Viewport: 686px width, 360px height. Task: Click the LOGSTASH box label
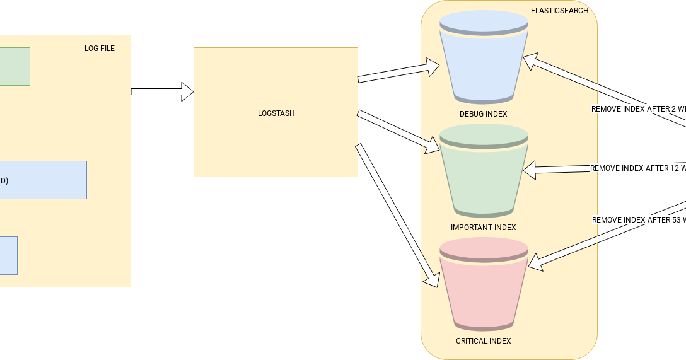[276, 113]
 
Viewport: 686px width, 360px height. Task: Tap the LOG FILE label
[100, 49]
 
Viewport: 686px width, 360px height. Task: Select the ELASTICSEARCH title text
[559, 11]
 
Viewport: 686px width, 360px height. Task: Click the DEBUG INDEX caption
[483, 114]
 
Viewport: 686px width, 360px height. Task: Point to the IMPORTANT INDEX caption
[483, 228]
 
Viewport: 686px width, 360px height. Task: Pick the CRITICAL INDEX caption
[483, 341]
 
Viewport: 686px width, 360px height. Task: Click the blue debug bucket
[483, 60]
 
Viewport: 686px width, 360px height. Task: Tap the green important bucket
[483, 173]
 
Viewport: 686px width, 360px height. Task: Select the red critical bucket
[483, 287]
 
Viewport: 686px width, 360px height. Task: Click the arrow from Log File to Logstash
[161, 91]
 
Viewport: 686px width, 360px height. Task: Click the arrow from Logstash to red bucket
[397, 215]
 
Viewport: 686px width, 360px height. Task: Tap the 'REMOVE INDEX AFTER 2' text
[637, 109]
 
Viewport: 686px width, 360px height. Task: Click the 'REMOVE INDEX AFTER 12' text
[637, 168]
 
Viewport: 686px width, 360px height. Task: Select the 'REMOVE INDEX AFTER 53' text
[637, 220]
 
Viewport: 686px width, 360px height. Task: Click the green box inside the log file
[14, 66]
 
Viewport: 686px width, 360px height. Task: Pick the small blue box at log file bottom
[8, 255]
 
